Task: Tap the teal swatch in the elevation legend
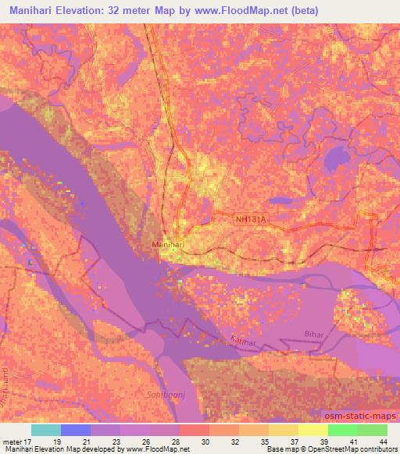(46, 430)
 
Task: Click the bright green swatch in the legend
(343, 430)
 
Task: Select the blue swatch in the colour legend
(76, 430)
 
